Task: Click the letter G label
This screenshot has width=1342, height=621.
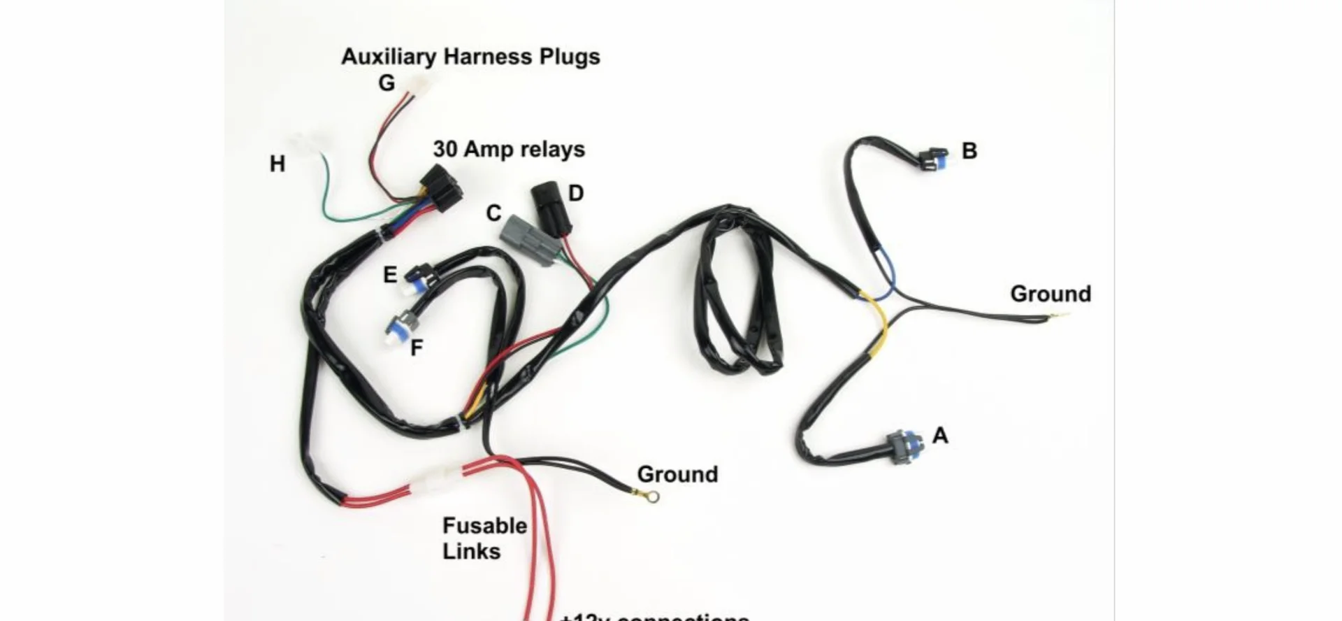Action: click(x=387, y=83)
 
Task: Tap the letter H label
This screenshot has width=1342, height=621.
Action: click(x=277, y=164)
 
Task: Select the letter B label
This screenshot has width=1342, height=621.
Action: click(x=969, y=151)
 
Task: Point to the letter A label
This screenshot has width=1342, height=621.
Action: click(x=940, y=436)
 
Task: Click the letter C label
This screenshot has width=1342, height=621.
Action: click(x=493, y=213)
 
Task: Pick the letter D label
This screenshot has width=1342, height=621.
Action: click(x=576, y=194)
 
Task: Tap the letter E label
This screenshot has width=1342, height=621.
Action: click(x=390, y=276)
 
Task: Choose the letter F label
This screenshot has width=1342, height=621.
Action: click(x=417, y=348)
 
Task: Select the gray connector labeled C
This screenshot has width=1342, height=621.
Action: click(x=529, y=239)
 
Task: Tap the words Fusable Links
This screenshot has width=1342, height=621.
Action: click(x=484, y=538)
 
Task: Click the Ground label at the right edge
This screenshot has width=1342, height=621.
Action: click(x=1050, y=294)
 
